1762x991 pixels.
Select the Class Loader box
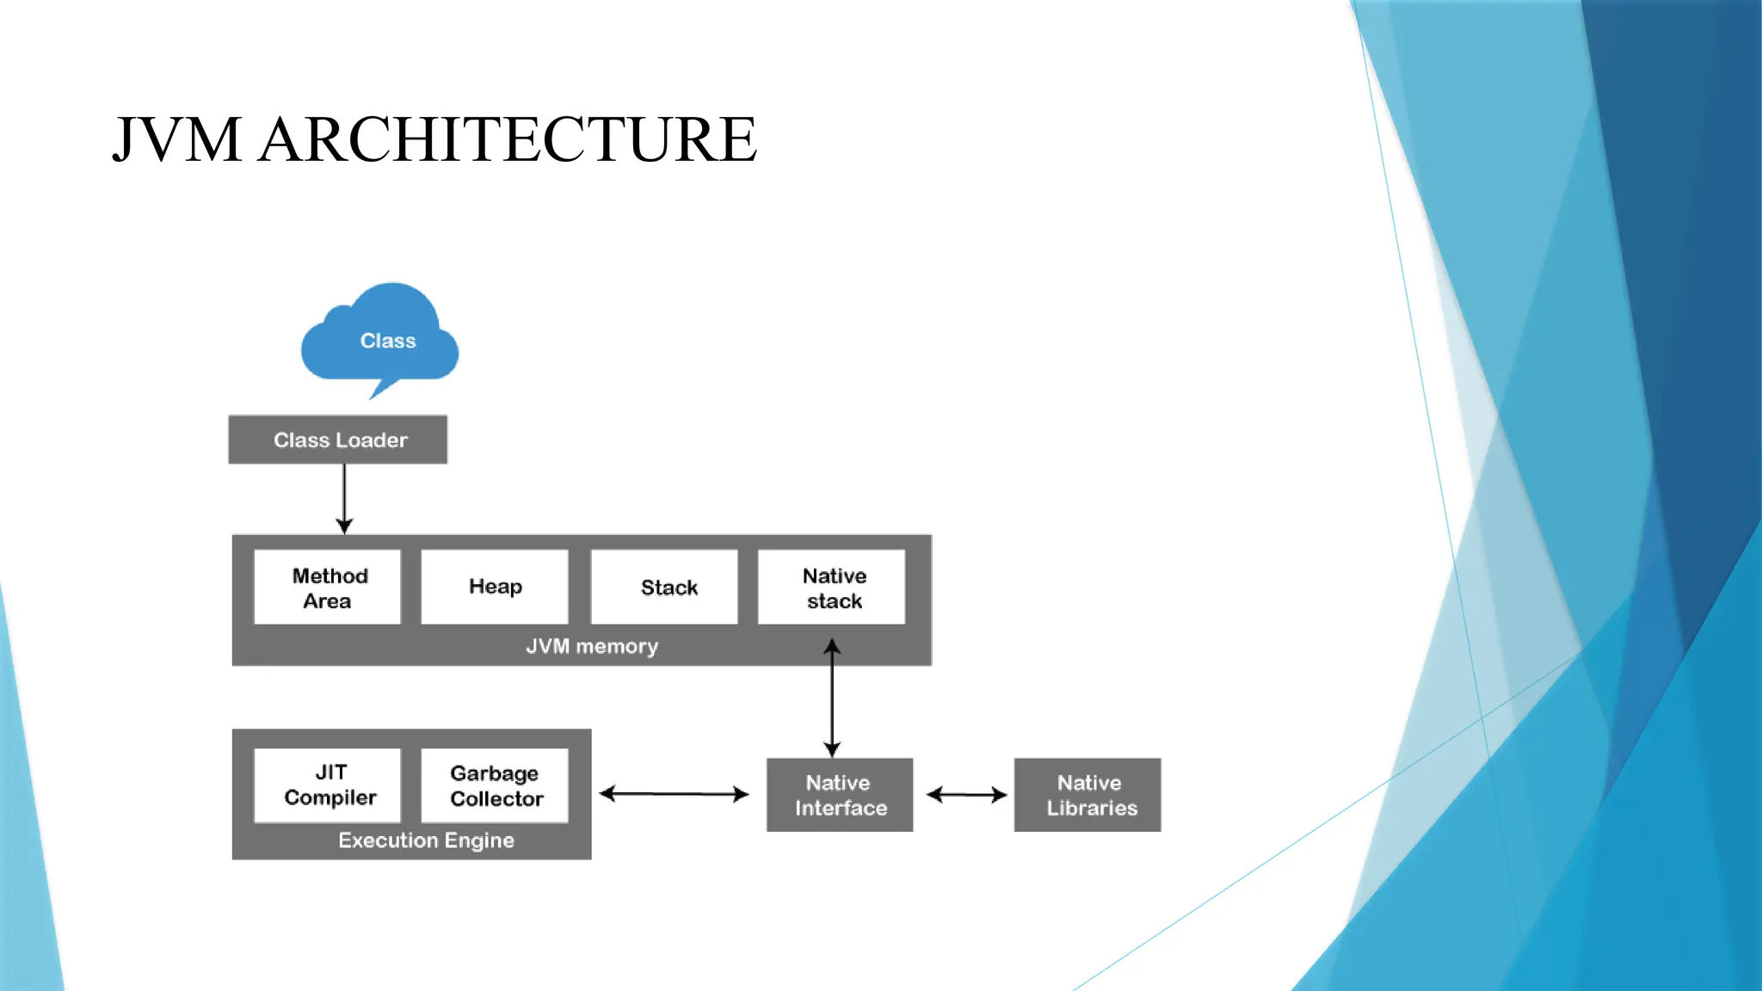pyautogui.click(x=337, y=440)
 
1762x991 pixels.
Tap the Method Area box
pyautogui.click(x=328, y=588)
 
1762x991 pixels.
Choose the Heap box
pyautogui.click(x=495, y=587)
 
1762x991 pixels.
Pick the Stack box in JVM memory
pyautogui.click(x=664, y=588)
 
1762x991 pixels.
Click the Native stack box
pyautogui.click(x=832, y=588)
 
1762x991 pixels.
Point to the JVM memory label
pyautogui.click(x=592, y=646)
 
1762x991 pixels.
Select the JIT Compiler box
pyautogui.click(x=328, y=785)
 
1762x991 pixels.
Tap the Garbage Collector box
pyautogui.click(x=495, y=785)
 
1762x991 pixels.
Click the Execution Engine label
pyautogui.click(x=426, y=840)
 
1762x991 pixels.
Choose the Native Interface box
pyautogui.click(x=840, y=795)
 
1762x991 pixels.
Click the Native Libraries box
pyautogui.click(x=1087, y=795)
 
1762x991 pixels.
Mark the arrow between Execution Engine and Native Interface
pyautogui.click(x=674, y=793)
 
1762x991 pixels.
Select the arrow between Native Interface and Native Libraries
pyautogui.click(x=965, y=795)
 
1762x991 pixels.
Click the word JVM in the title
pyautogui.click(x=176, y=139)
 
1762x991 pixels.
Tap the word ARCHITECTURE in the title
pyautogui.click(x=508, y=139)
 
